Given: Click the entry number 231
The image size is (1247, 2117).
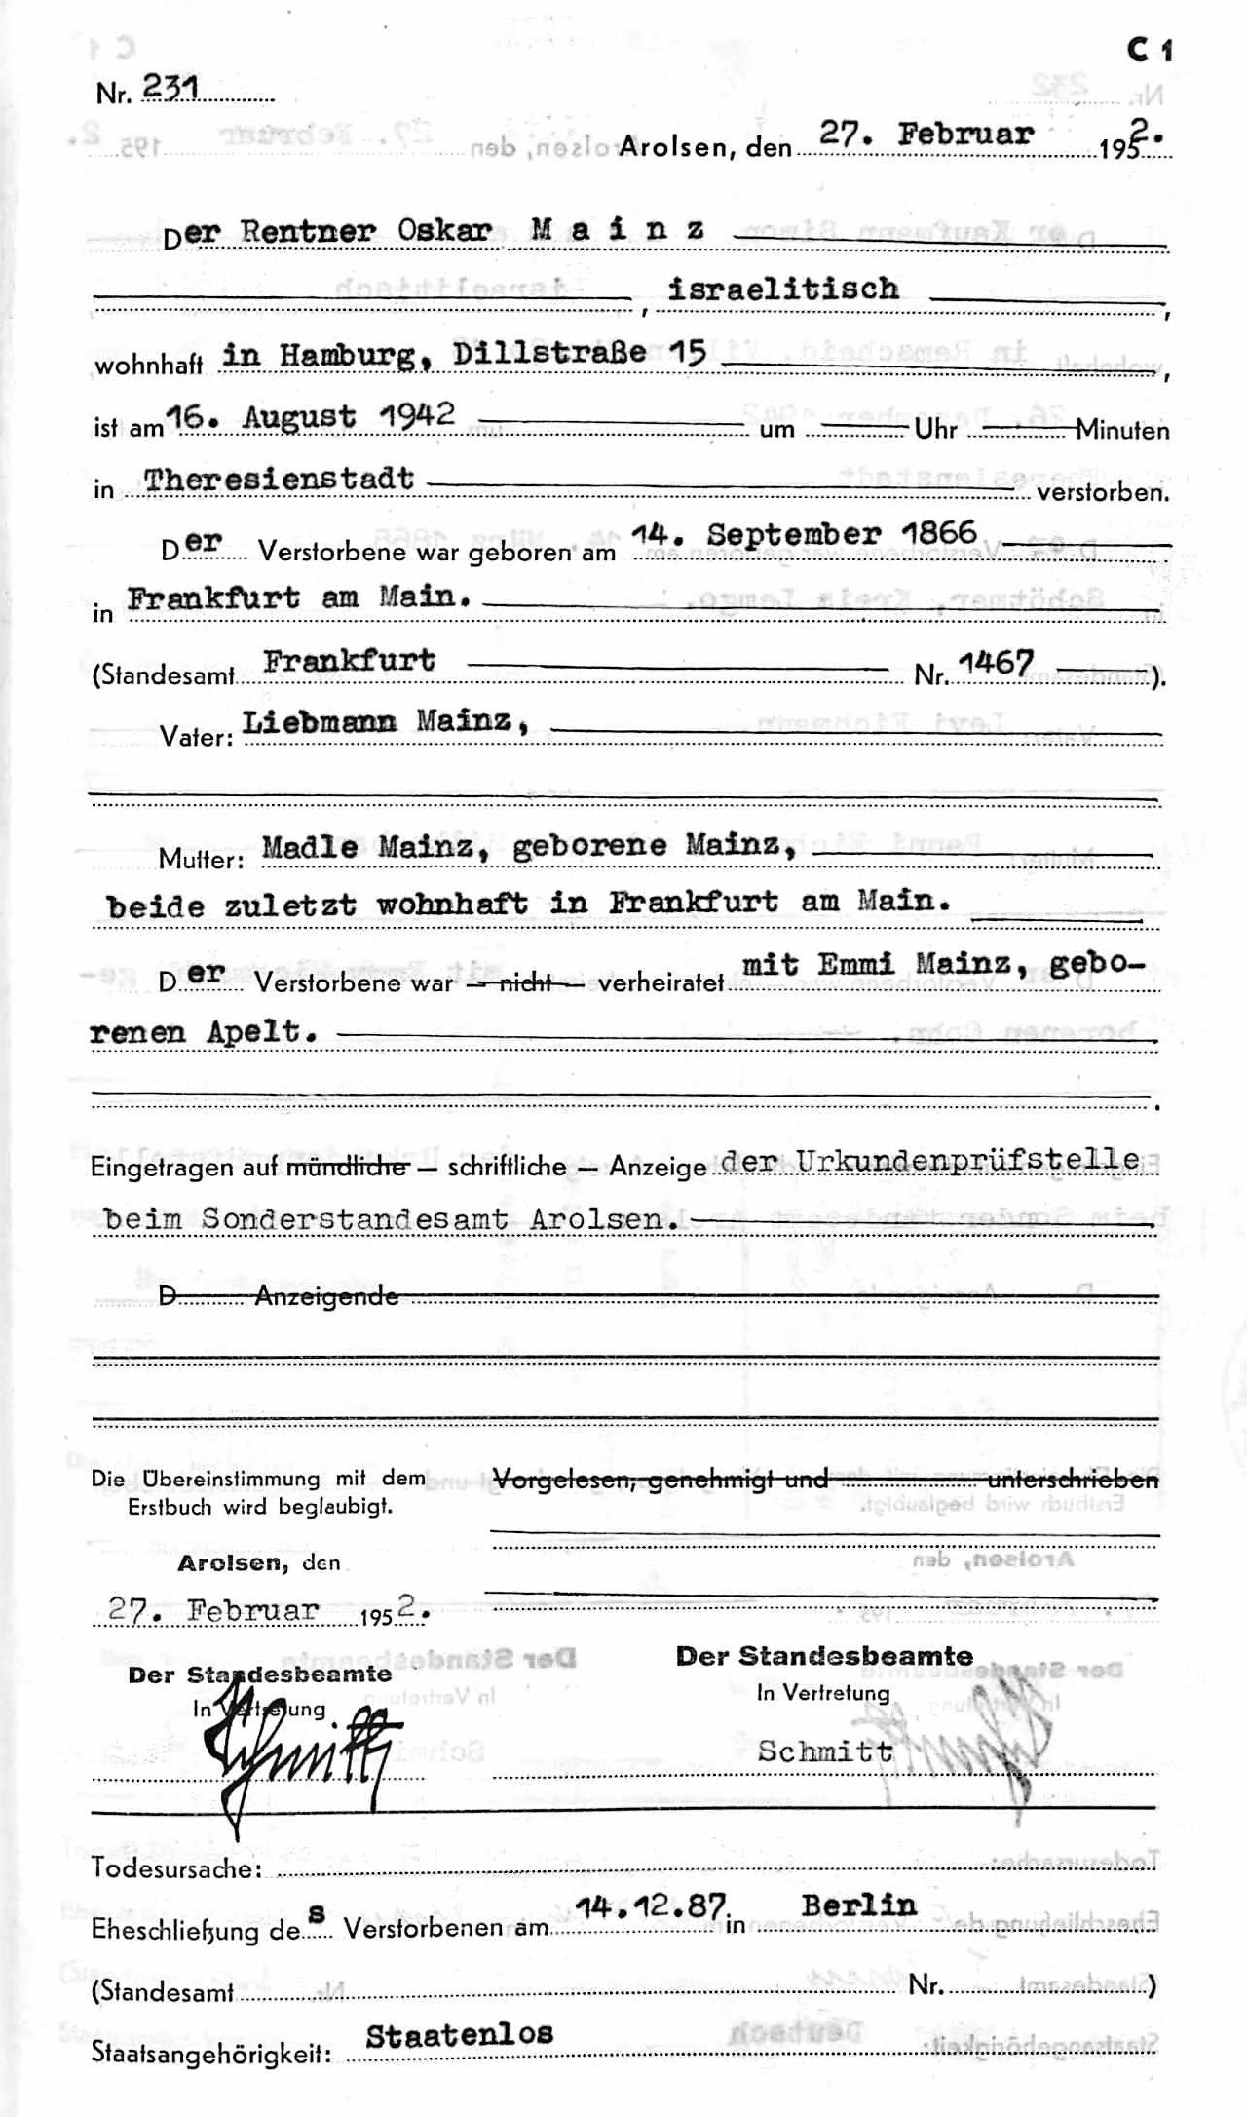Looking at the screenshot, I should [170, 89].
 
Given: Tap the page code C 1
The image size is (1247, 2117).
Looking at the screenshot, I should [1149, 51].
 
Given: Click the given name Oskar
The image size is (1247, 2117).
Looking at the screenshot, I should [449, 232].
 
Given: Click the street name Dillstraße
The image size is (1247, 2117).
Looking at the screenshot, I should [551, 354].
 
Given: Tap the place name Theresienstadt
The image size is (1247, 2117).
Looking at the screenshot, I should [279, 480].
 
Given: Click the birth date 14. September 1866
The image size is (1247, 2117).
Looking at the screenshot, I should [804, 534].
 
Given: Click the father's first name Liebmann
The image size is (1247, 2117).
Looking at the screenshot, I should [320, 722].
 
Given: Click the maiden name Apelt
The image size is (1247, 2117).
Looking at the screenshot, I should [260, 1032].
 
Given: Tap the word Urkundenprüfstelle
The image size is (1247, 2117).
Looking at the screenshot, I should [967, 1160].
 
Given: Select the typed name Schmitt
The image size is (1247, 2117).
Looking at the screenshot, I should [825, 1751].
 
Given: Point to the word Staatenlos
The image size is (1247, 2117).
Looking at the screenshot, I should [459, 2033].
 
